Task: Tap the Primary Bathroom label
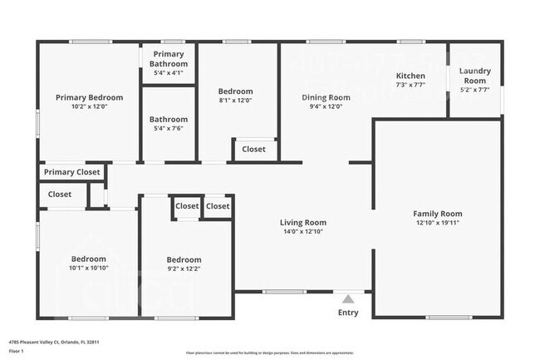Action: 168,59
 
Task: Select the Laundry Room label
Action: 475,76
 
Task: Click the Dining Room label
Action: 325,97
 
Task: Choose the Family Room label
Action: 438,214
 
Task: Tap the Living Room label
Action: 302,222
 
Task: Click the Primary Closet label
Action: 71,172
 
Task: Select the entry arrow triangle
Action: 348,298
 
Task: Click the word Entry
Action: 348,313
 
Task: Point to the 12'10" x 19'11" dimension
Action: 438,223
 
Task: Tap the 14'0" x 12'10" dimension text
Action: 302,232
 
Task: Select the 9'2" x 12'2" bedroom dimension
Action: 184,269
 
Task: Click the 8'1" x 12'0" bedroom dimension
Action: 235,101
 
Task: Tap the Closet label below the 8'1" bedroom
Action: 253,150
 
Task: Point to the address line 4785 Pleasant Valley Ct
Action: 50,341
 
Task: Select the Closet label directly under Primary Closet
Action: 59,195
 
